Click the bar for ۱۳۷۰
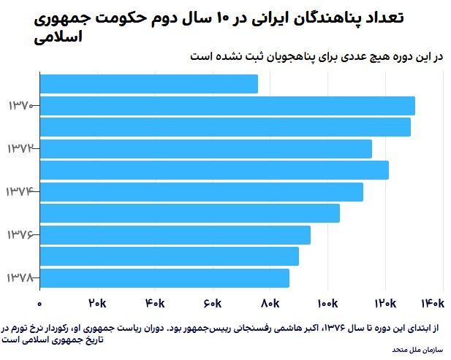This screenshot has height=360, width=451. pos(227,106)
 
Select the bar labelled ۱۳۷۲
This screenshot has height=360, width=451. pos(205,149)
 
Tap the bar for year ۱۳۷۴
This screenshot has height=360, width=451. pos(201,192)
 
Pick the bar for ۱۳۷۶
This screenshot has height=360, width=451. pos(175,235)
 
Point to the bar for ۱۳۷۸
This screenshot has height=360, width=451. pos(164,278)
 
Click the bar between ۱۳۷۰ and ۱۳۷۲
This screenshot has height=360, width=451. pos(225,127)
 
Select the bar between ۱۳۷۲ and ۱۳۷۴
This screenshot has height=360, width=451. pos(214,170)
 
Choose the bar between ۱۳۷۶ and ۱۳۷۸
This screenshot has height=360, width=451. pos(169,256)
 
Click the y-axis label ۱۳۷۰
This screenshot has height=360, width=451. pos(20,106)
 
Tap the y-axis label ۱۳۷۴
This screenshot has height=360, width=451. pos(20,192)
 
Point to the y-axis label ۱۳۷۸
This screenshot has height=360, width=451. pos(20,278)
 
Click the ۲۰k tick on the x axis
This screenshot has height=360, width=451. pos(97,303)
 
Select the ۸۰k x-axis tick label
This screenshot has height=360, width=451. pos(270,303)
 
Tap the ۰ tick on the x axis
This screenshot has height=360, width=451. pos(40,303)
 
